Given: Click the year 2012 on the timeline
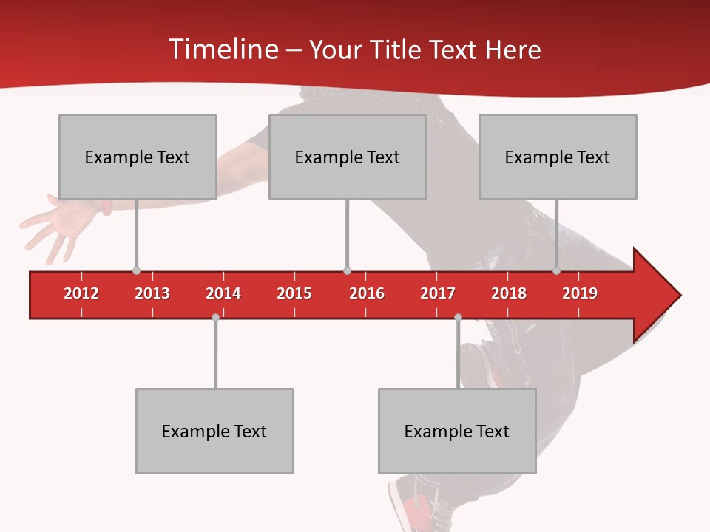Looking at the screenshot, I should coord(81,293).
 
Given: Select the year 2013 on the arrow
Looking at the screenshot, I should coord(152,293).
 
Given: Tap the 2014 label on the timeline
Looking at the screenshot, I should coord(223,293).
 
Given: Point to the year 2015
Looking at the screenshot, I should coord(294,293).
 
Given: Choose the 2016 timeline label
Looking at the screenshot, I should coord(367,293).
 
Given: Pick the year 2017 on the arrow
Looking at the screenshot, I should coord(438,293).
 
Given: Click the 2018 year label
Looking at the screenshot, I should coord(509,293).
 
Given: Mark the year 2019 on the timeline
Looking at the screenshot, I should coord(580,293).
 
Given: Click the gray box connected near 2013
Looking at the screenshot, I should coord(138,157).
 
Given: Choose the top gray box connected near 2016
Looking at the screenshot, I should coord(348,157).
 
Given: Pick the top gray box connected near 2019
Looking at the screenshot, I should coord(558,157).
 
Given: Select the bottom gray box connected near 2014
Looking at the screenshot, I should coord(214,431).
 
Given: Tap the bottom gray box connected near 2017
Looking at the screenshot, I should coord(457,431).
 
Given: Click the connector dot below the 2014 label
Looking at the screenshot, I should coord(215,318).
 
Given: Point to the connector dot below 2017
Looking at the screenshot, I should coord(458,318).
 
